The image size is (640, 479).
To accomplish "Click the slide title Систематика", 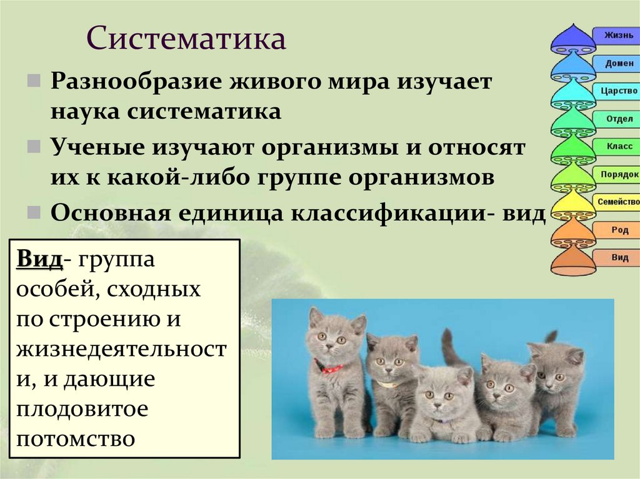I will (x=186, y=39).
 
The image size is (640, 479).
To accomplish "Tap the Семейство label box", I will (x=617, y=202).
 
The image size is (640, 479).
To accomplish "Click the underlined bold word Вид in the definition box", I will (x=39, y=259).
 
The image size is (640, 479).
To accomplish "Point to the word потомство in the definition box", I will (x=76, y=438).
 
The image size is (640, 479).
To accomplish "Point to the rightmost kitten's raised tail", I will (x=550, y=337).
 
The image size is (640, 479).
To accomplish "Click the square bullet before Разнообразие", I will (x=33, y=82).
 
